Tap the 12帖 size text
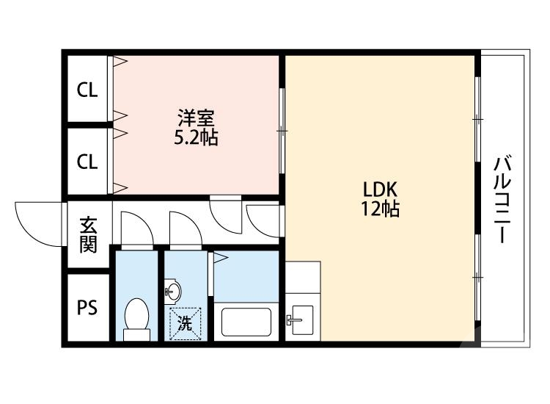[x=379, y=209]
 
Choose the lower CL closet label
[x=87, y=162]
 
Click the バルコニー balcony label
[x=502, y=199]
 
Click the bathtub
[x=246, y=322]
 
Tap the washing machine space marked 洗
[x=185, y=322]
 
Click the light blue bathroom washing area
[x=246, y=275]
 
